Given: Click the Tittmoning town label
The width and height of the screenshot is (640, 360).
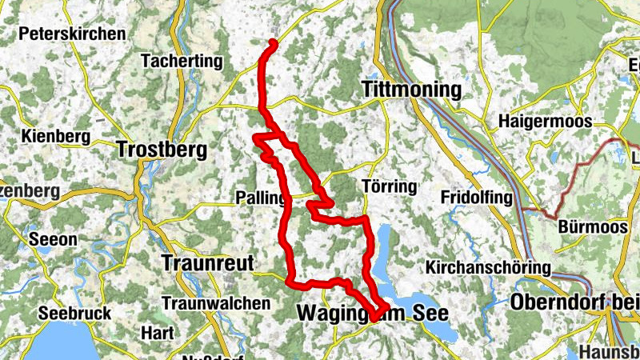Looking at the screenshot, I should [412, 89].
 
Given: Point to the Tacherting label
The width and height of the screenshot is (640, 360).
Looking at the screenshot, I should [181, 60].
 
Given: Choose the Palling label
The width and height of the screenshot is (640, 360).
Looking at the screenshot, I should [259, 197].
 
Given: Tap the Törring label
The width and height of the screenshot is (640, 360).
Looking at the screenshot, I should [390, 187].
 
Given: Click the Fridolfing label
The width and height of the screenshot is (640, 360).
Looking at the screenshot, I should [478, 197].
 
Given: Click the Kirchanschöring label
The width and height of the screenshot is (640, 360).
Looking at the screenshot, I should [488, 266].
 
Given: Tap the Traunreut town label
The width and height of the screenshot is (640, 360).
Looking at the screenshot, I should [207, 262].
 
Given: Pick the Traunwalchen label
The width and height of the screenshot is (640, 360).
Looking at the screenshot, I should [215, 303].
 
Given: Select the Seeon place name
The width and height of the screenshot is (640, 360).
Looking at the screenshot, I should [53, 239].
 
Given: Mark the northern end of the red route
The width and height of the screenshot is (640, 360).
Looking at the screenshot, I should [273, 42].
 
